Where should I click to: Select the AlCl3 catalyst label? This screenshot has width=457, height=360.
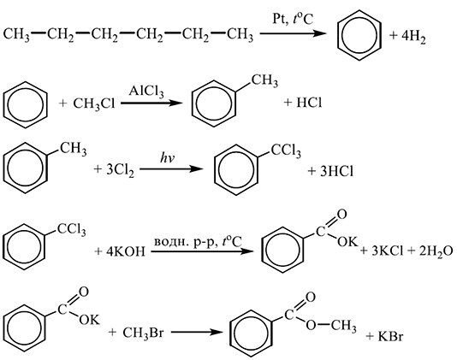coord(146,91)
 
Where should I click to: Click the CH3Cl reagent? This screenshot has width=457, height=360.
coord(94,104)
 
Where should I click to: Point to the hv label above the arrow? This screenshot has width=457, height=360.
coord(167,158)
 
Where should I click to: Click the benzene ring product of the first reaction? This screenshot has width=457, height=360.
coord(359,35)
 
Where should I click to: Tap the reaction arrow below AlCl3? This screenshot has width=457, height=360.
coord(151,103)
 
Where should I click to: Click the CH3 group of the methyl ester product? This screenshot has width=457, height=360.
coord(344,325)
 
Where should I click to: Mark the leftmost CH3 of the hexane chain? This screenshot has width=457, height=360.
coord(16,35)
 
